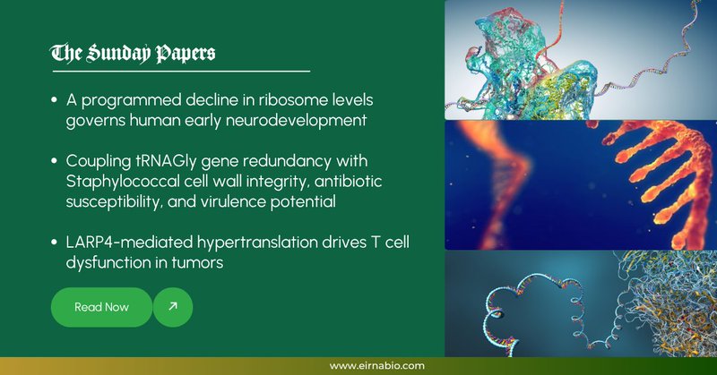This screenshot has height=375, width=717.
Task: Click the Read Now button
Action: click(x=101, y=307)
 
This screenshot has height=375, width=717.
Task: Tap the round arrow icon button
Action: click(x=173, y=307)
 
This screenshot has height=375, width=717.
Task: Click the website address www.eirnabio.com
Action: click(x=376, y=365)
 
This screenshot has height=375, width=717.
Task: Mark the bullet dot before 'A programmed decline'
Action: click(x=56, y=98)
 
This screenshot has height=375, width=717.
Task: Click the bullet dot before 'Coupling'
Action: click(x=56, y=160)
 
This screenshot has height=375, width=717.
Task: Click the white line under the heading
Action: click(x=180, y=70)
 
